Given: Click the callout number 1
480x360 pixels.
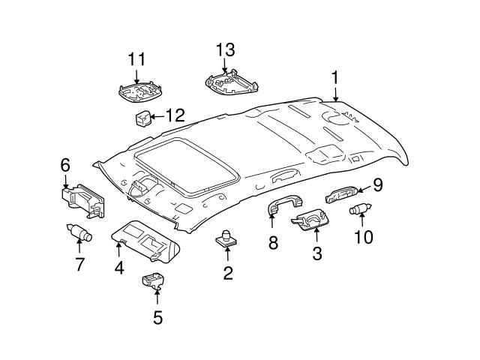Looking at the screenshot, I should pos(335,76).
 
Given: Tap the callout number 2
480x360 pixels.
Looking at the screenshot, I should pos(228,273).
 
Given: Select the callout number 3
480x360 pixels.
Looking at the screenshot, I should pos(316,254).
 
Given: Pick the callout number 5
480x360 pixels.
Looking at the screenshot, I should pos(157,317).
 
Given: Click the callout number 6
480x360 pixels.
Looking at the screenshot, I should pos(65,164).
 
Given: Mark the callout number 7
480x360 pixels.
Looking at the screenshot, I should pos(79,263).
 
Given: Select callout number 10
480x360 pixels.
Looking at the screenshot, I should pos(362,238).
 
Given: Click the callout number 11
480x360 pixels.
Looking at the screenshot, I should pos(136,58).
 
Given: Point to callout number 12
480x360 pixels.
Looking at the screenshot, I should pos(174,115).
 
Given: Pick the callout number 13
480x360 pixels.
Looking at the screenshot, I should pos(226,50).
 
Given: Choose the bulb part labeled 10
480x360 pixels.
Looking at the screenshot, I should pos(360,209).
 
